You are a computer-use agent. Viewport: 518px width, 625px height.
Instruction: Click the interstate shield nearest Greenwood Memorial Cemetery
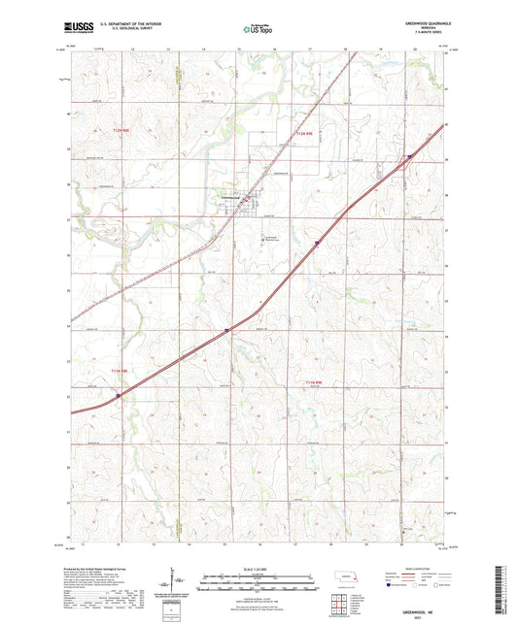click(316, 245)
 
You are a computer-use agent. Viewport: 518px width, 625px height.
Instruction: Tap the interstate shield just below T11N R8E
click(119, 395)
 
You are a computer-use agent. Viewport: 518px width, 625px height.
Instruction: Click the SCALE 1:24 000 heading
click(258, 568)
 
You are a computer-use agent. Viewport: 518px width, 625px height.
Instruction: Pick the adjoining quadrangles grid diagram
click(339, 605)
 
